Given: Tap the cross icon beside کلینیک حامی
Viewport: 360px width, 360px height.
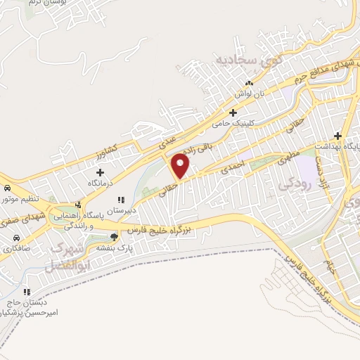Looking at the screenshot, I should pos(233,112).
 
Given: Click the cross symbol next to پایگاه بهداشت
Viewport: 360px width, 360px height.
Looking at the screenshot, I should pos(338,135).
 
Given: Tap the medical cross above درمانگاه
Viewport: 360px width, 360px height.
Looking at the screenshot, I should pos(100,172).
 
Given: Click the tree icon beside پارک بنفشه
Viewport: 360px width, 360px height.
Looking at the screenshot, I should pos(115,237).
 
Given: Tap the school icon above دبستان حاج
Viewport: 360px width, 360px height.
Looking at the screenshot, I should pos(27,291).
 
